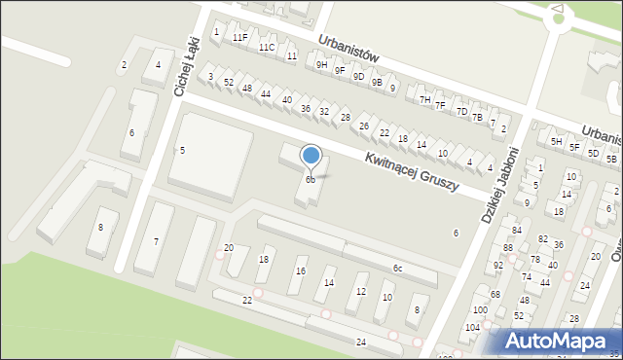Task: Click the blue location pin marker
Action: tap(311, 156)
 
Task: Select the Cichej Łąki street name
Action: tap(186, 65)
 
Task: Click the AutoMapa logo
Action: tap(559, 341)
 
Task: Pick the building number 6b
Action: tap(310, 180)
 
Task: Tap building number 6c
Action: tap(397, 268)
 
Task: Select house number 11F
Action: tap(239, 37)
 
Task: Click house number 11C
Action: tap(266, 47)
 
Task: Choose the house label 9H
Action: tap(321, 64)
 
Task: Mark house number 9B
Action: tap(377, 82)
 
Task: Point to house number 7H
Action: tap(424, 99)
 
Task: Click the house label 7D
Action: tap(461, 111)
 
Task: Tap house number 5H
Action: tap(557, 141)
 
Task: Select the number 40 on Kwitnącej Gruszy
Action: tap(286, 99)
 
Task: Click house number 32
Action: tap(324, 111)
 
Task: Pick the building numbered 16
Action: tap(301, 271)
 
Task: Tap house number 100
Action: tap(479, 309)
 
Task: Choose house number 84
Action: tap(517, 230)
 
